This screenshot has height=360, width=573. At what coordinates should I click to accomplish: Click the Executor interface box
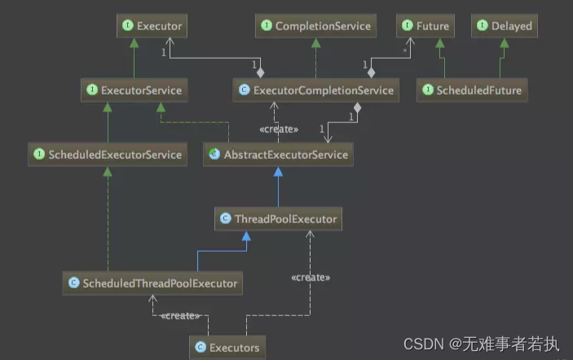click(x=150, y=26)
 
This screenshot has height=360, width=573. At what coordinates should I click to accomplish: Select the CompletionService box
click(x=316, y=26)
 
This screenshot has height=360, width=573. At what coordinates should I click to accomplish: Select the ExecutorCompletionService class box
click(x=316, y=90)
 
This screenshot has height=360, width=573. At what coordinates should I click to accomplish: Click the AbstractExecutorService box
click(x=278, y=154)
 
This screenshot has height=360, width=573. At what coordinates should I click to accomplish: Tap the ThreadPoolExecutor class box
click(x=277, y=218)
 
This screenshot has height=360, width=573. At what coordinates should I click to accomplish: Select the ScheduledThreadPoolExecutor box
click(x=153, y=283)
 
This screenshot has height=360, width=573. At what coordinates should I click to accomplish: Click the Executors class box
click(x=227, y=348)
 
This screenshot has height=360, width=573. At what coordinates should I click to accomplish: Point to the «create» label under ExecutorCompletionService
click(x=278, y=129)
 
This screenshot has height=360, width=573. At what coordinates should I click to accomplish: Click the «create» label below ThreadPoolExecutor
click(x=311, y=277)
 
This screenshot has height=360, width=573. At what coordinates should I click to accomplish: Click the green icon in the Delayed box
click(x=482, y=26)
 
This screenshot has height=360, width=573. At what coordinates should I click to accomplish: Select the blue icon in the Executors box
click(x=200, y=348)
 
